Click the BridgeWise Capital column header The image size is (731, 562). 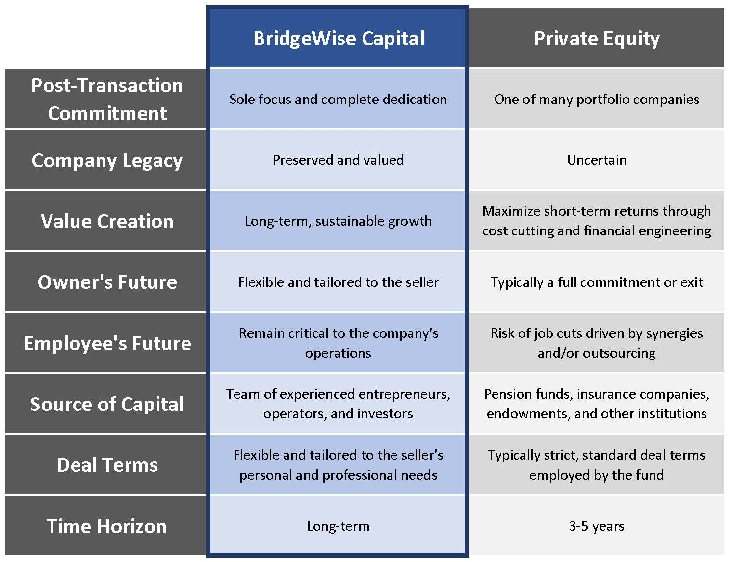[339, 38]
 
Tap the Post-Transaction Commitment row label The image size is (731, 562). [107, 99]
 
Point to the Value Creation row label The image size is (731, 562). [107, 221]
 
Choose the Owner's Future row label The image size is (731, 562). [107, 282]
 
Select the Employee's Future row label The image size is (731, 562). [107, 343]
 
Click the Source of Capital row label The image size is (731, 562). [107, 404]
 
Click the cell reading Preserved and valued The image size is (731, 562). [338, 160]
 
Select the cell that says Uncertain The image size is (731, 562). [597, 160]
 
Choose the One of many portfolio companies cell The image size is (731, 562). [597, 100]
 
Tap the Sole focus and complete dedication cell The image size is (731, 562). [338, 99]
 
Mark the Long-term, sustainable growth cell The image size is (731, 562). [338, 221]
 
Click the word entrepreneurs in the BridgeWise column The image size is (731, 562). [405, 395]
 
